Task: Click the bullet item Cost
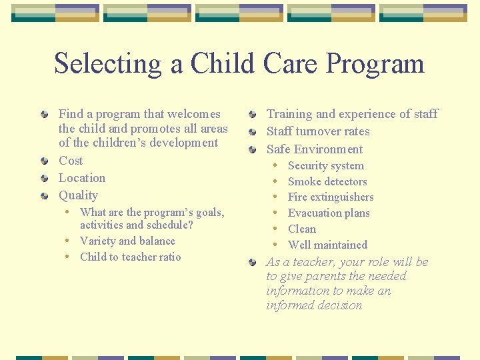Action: tap(71, 161)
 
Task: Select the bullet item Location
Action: tap(82, 178)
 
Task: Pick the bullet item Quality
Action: tap(78, 195)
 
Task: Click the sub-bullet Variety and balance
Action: tap(127, 241)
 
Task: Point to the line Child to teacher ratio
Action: tap(130, 257)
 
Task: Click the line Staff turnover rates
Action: tap(318, 131)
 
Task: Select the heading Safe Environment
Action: tap(315, 149)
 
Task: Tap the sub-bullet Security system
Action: tap(326, 166)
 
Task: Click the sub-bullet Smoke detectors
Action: tap(327, 181)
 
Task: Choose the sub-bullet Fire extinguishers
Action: tap(331, 197)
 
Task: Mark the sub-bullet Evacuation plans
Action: tap(329, 213)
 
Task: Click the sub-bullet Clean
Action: tap(302, 229)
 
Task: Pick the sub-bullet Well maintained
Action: tap(327, 245)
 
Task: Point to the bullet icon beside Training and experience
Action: tap(253, 114)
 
